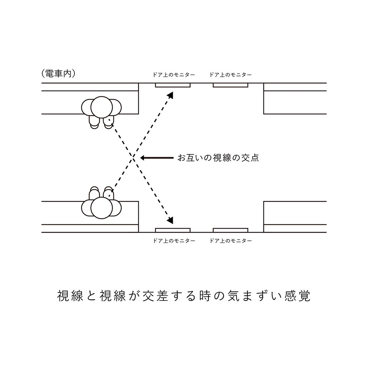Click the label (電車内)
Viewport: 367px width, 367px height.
pyautogui.click(x=59, y=73)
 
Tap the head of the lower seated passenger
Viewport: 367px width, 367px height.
pyautogui.click(x=101, y=208)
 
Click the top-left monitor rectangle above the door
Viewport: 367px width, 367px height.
pyautogui.click(x=172, y=85)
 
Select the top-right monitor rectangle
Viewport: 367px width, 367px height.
pyautogui.click(x=230, y=85)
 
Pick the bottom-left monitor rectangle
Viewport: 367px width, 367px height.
pyautogui.click(x=172, y=230)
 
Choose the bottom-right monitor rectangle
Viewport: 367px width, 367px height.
pyautogui.click(x=230, y=230)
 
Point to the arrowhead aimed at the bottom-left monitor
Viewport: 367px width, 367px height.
pyautogui.click(x=170, y=221)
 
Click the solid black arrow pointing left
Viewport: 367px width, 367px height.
pyautogui.click(x=157, y=158)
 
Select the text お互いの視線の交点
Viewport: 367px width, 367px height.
pyautogui.click(x=218, y=158)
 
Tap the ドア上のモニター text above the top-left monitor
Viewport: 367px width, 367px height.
pyautogui.click(x=174, y=75)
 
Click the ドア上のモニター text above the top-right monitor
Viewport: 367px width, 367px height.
pyautogui.click(x=230, y=75)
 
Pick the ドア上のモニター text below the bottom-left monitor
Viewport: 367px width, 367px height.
pyautogui.click(x=174, y=241)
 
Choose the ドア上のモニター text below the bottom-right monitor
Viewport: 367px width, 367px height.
pyautogui.click(x=230, y=241)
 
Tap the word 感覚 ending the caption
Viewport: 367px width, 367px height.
pyautogui.click(x=297, y=296)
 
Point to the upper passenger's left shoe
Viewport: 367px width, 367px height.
pyautogui.click(x=108, y=123)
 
